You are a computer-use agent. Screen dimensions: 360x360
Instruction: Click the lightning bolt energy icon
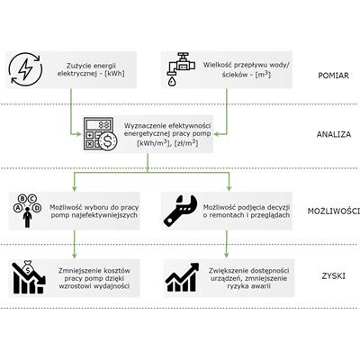pyautogui.click(x=25, y=69)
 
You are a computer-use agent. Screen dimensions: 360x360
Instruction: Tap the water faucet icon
pyautogui.click(x=181, y=69)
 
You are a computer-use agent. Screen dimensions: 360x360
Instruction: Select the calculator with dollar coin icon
pyautogui.click(x=100, y=134)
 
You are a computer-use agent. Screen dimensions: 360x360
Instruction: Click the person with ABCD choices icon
pyautogui.click(x=27, y=211)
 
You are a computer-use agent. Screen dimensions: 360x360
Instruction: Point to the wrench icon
pyautogui.click(x=180, y=211)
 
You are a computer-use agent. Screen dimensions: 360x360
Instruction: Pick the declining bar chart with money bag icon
pyautogui.click(x=29, y=276)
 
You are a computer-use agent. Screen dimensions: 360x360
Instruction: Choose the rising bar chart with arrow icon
pyautogui.click(x=183, y=277)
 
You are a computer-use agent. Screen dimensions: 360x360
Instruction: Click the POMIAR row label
pyautogui.click(x=333, y=76)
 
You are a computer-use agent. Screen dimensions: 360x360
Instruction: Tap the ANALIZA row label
pyautogui.click(x=334, y=134)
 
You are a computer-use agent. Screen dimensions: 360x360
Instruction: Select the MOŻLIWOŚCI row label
pyautogui.click(x=334, y=211)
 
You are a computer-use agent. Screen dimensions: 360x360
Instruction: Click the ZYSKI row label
pyautogui.click(x=333, y=276)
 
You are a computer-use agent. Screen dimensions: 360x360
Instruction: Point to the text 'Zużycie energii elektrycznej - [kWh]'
pyautogui.click(x=91, y=69)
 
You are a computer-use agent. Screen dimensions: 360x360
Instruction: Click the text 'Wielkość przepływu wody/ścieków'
pyautogui.click(x=247, y=69)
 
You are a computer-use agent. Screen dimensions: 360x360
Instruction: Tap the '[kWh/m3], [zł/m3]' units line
pyautogui.click(x=167, y=142)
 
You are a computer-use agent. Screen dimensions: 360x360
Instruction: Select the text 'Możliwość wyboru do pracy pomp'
pyautogui.click(x=94, y=211)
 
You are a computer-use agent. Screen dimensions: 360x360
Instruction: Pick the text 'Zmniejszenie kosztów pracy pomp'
pyautogui.click(x=94, y=274)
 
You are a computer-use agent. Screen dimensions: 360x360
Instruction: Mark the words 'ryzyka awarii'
pyautogui.click(x=248, y=286)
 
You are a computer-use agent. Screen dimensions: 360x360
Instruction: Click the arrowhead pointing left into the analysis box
pyautogui.click(x=217, y=134)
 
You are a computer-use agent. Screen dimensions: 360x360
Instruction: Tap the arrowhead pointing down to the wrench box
pyautogui.click(x=229, y=188)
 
